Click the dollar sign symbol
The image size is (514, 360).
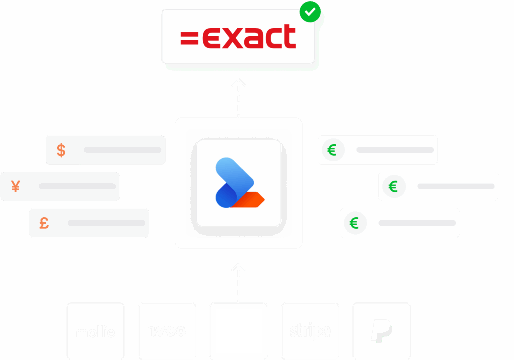pyautogui.click(x=61, y=150)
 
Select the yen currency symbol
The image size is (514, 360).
pyautogui.click(x=16, y=186)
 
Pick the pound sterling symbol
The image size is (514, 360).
pyautogui.click(x=44, y=222)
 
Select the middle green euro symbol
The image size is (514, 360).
pyautogui.click(x=393, y=187)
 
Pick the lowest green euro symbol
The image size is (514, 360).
pyautogui.click(x=354, y=223)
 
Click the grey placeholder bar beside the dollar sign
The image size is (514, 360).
pyautogui.click(x=122, y=150)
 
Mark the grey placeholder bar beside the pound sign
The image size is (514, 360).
pyautogui.click(x=106, y=222)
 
